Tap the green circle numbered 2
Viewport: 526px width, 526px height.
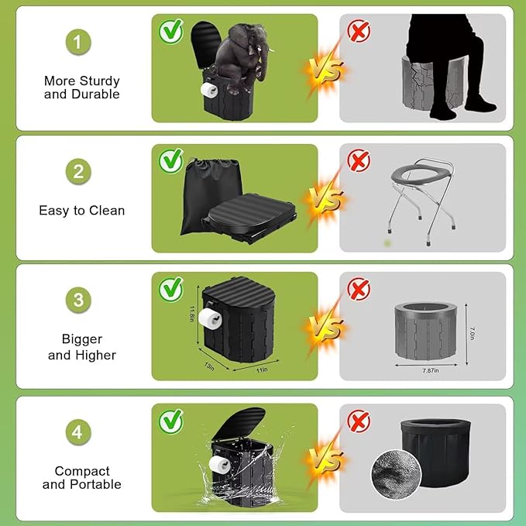point(77,172)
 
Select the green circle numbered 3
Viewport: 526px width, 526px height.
point(77,300)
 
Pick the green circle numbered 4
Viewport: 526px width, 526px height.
point(77,431)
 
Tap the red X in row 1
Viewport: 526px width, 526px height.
point(358,31)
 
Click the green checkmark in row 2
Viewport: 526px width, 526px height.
point(170,161)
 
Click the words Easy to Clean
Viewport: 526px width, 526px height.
point(82,210)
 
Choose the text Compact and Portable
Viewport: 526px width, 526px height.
point(82,477)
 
